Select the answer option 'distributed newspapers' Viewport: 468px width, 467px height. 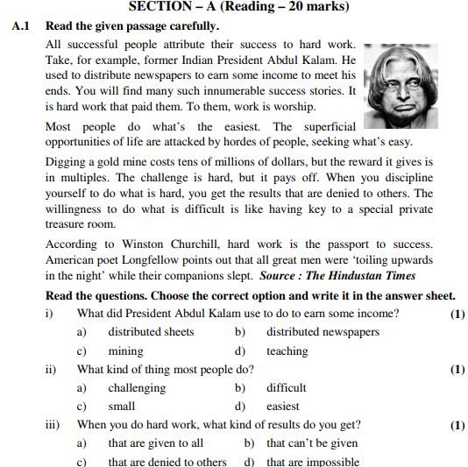click(x=323, y=332)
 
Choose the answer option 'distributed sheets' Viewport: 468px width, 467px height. click(x=146, y=332)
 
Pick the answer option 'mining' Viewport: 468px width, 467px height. click(x=125, y=351)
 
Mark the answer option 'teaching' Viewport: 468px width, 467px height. click(x=287, y=351)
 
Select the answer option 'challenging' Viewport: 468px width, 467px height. click(x=137, y=387)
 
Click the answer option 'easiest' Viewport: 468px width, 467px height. click(x=283, y=407)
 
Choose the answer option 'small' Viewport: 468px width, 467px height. click(x=122, y=407)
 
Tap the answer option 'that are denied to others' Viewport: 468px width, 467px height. click(x=167, y=462)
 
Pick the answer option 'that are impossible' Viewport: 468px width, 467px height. click(x=313, y=462)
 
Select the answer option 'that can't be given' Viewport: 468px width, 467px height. click(x=312, y=443)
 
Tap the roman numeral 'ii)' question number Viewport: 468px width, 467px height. click(x=51, y=369)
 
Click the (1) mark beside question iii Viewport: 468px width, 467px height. click(x=457, y=426)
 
